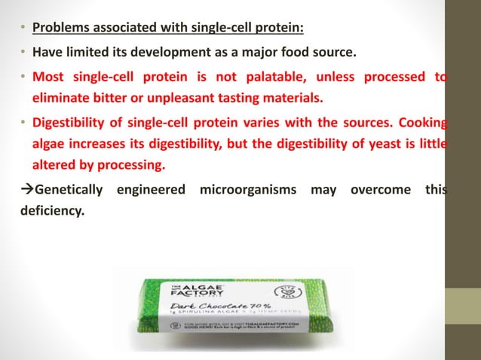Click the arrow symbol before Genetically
25,188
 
